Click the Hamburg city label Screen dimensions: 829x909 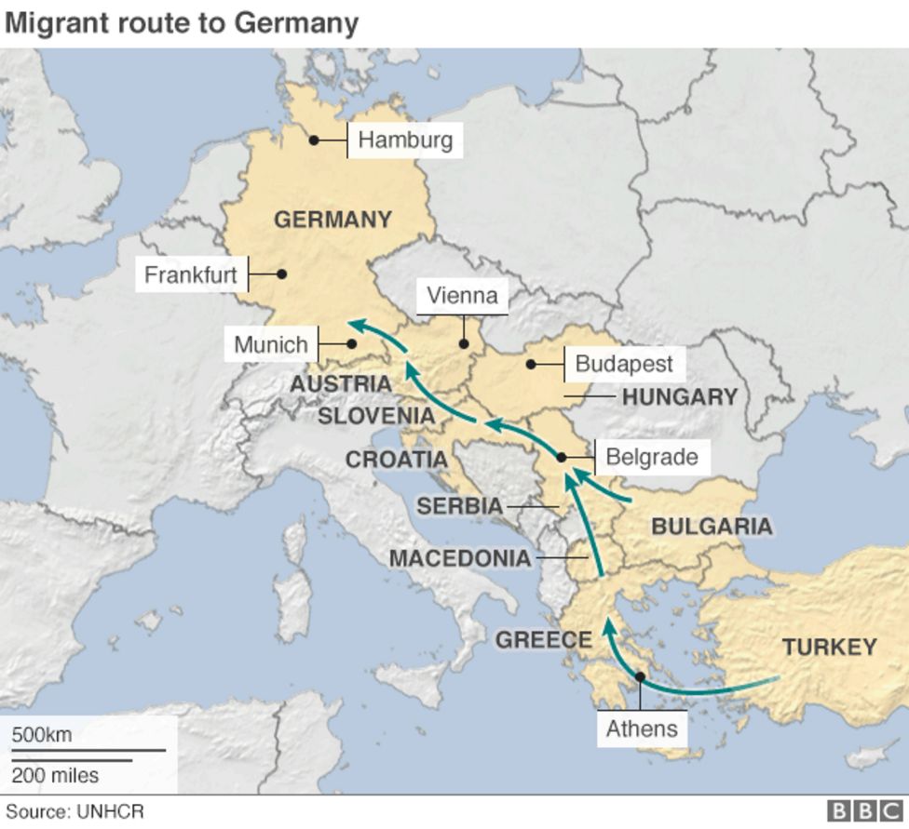pyautogui.click(x=405, y=140)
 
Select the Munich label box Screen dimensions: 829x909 pyautogui.click(x=271, y=344)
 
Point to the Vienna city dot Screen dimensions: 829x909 pyautogui.click(x=463, y=344)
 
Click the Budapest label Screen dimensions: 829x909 pyautogui.click(x=623, y=363)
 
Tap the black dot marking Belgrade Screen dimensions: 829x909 pyautogui.click(x=562, y=457)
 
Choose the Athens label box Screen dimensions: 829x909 pyautogui.click(x=642, y=728)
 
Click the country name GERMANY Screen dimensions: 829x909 pyautogui.click(x=332, y=220)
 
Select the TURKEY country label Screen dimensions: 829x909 pyautogui.click(x=829, y=647)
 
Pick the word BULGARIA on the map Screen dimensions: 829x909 pyautogui.click(x=712, y=526)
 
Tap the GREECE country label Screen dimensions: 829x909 pyautogui.click(x=543, y=640)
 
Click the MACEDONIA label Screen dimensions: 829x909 pyautogui.click(x=459, y=558)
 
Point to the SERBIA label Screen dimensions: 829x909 pyautogui.click(x=459, y=507)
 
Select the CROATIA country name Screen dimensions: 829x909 pyautogui.click(x=396, y=460)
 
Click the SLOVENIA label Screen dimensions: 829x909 pyautogui.click(x=376, y=416)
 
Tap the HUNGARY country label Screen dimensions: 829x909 pyautogui.click(x=679, y=397)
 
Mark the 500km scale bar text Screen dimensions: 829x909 pyautogui.click(x=42, y=734)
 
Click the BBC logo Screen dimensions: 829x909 pyautogui.click(x=864, y=811)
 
